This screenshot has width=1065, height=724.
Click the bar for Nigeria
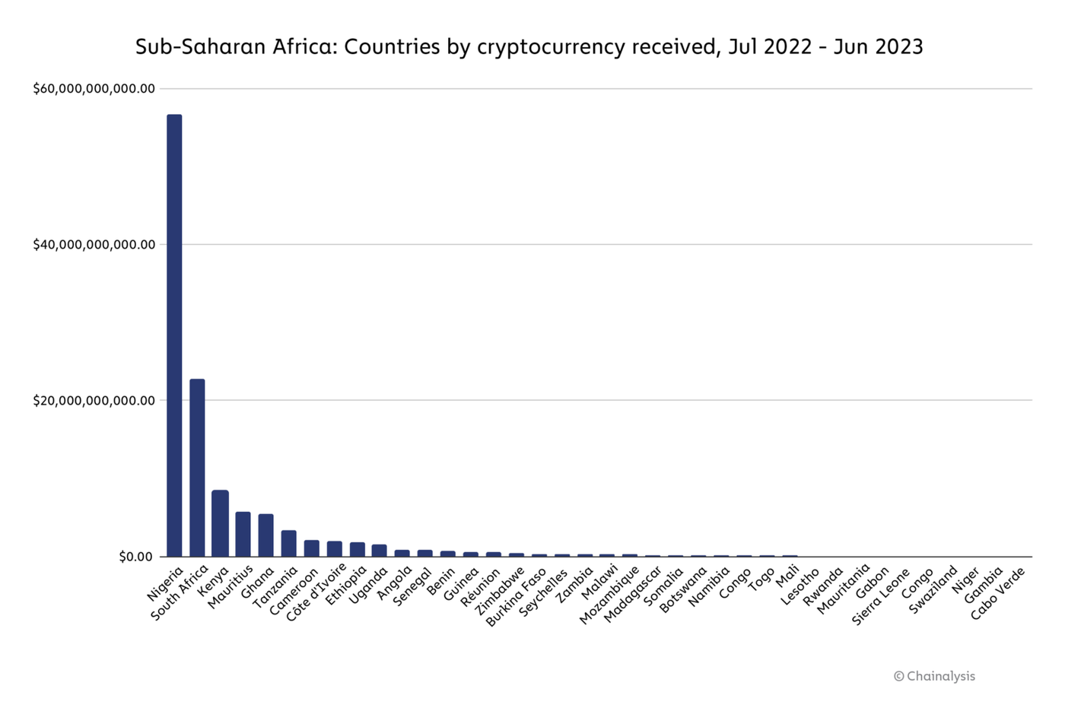point(174,335)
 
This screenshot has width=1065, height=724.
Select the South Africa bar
point(197,467)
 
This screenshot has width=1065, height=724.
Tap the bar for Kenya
point(220,523)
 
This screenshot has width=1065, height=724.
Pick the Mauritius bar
point(243,534)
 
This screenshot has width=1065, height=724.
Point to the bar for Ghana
point(265,535)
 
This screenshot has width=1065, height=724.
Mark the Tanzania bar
point(288,543)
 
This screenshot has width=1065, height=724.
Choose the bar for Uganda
point(380,551)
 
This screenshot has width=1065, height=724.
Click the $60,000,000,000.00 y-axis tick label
point(94,89)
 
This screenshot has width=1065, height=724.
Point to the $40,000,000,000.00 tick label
point(94,245)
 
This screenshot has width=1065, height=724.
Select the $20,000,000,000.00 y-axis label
point(94,401)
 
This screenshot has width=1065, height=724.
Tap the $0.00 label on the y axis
point(135,557)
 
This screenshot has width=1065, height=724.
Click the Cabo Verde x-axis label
point(998,594)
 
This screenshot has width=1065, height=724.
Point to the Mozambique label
point(609,595)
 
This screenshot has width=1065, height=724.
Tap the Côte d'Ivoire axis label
point(316,592)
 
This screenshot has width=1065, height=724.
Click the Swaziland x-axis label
point(933,590)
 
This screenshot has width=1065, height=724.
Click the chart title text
point(529,47)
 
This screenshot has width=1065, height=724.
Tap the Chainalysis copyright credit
point(934,676)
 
